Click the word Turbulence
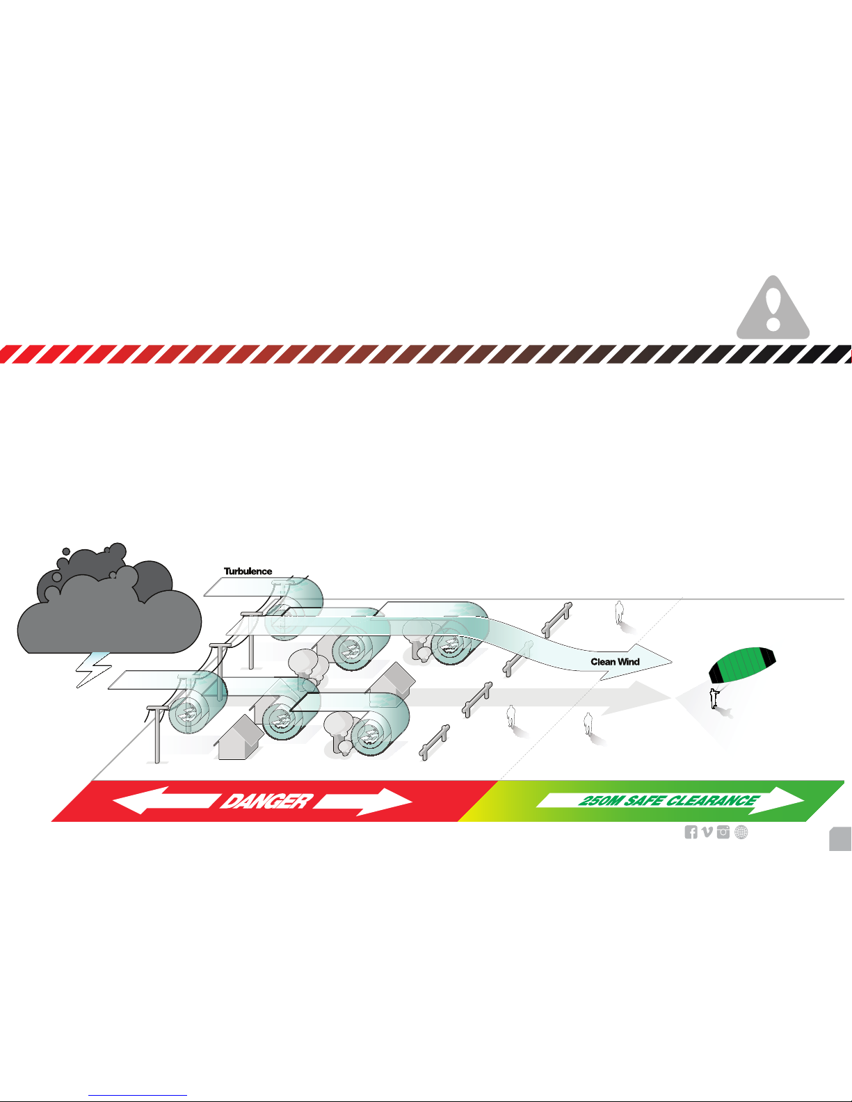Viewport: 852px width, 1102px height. [x=248, y=572]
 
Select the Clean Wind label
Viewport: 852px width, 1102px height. [x=615, y=662]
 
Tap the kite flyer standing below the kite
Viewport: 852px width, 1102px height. [x=713, y=698]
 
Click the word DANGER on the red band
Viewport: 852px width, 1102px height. [x=265, y=802]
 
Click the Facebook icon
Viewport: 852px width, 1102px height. [x=691, y=832]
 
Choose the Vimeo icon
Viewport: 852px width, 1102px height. [x=707, y=832]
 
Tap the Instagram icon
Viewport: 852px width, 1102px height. [x=724, y=832]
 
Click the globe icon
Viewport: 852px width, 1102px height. [x=741, y=832]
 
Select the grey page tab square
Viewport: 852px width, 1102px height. [x=840, y=839]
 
